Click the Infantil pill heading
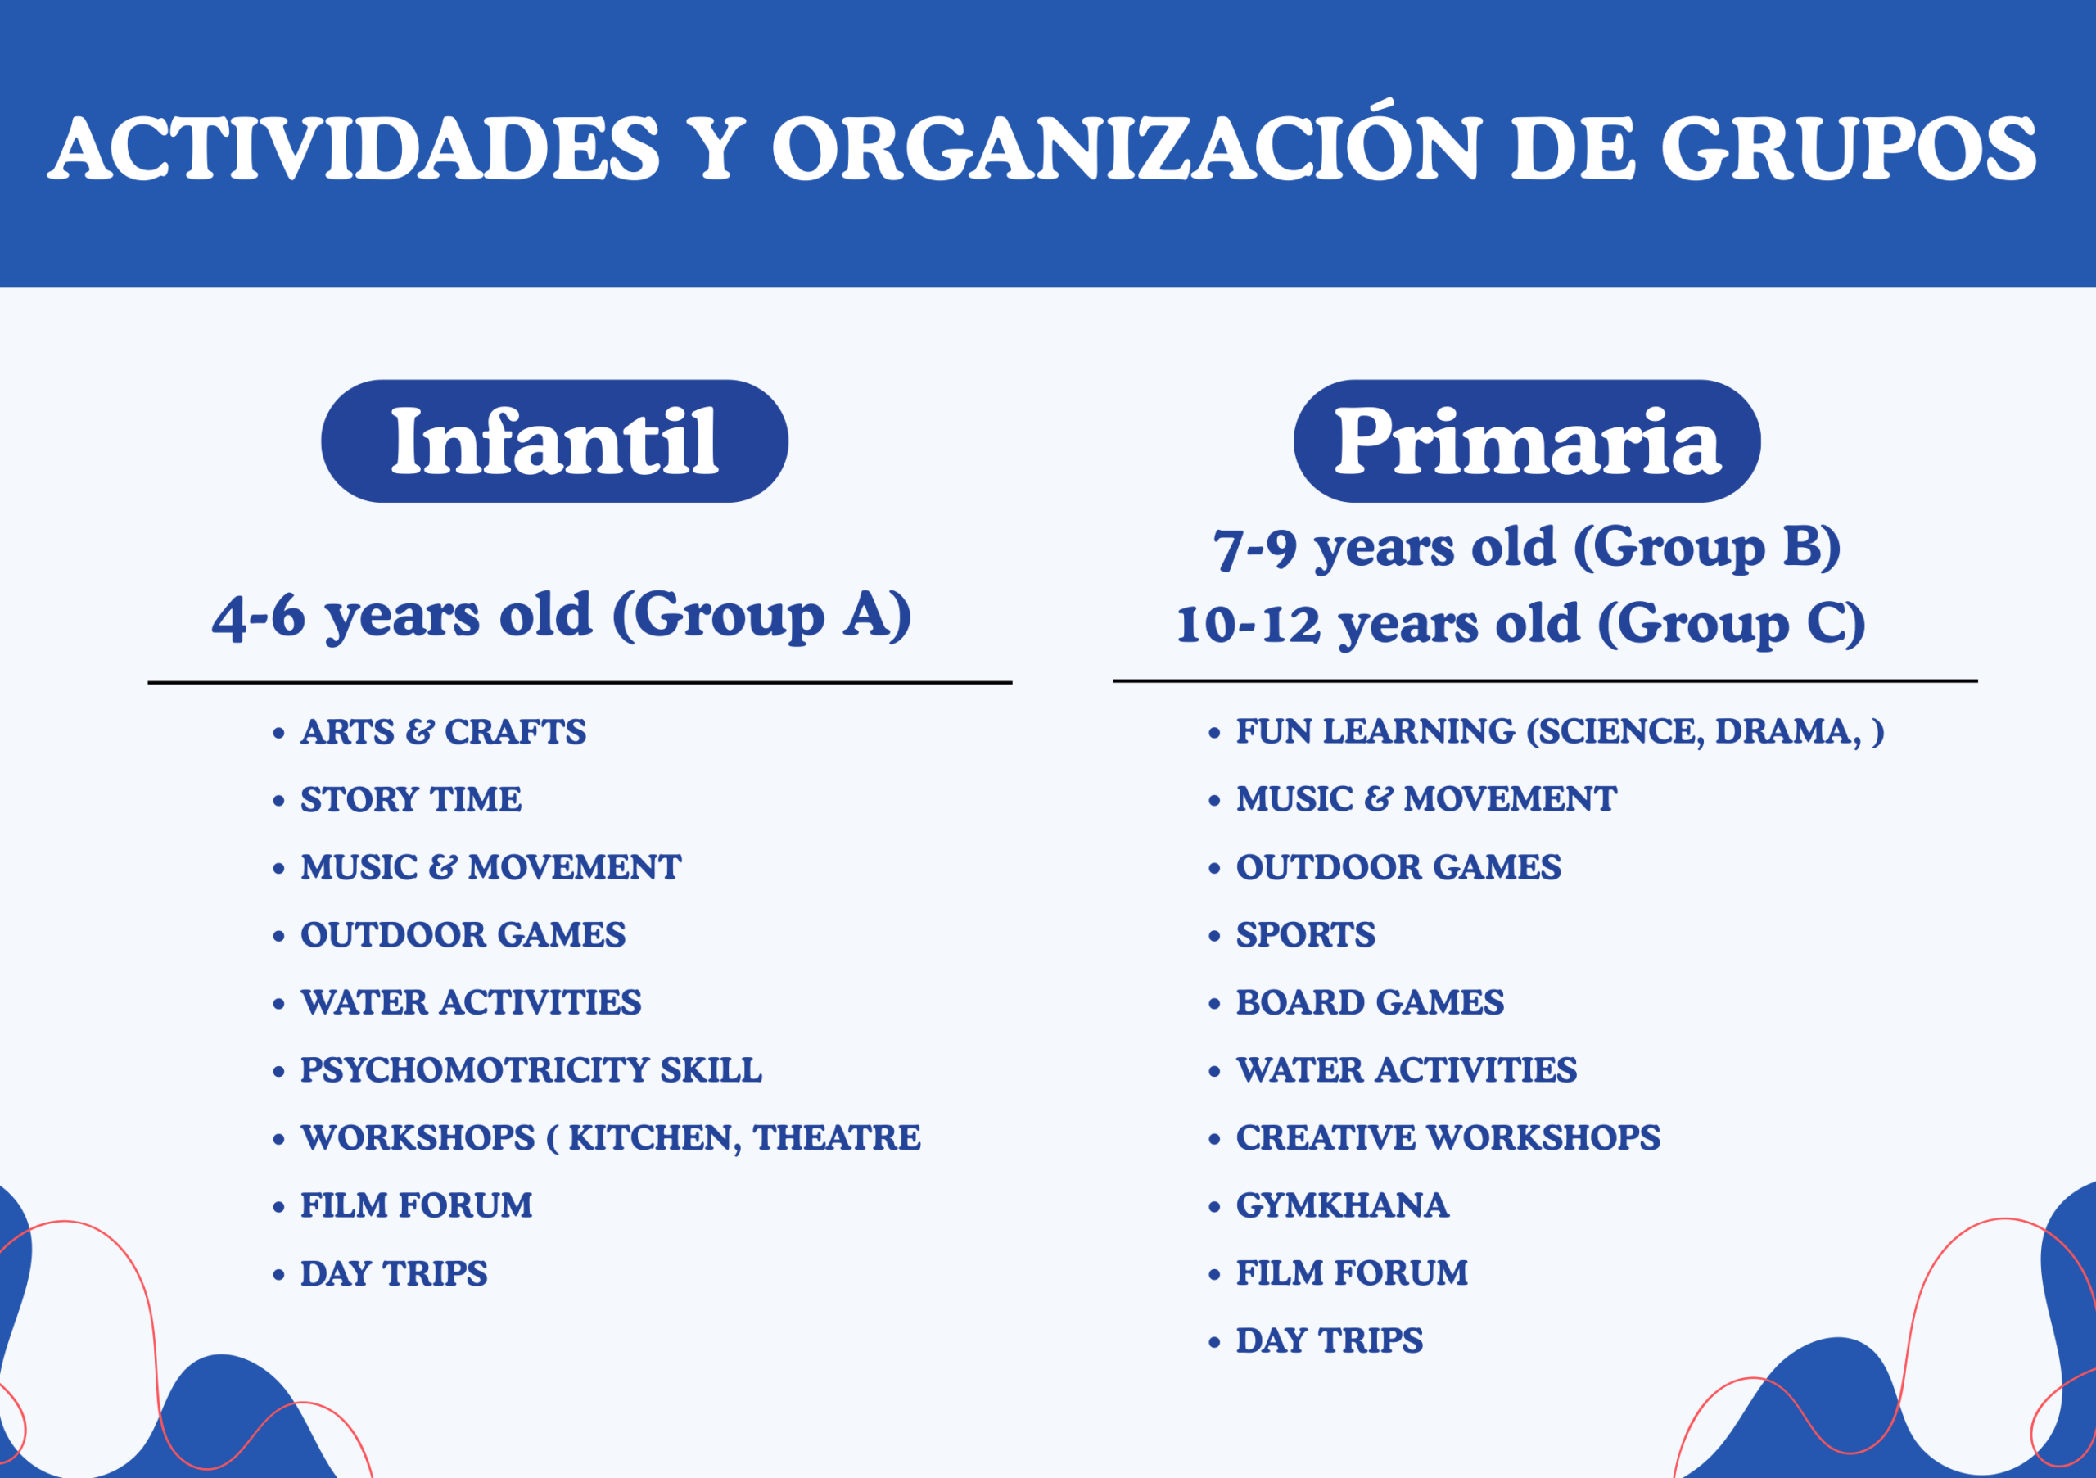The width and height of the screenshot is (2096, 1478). click(554, 441)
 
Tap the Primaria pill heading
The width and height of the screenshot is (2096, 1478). click(1527, 441)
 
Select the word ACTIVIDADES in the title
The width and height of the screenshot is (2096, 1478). click(355, 149)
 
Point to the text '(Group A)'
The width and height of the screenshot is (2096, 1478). click(761, 617)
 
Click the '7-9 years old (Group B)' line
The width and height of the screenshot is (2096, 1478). click(1526, 549)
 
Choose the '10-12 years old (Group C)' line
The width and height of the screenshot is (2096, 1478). click(1521, 626)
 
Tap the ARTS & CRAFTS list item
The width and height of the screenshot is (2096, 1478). click(444, 732)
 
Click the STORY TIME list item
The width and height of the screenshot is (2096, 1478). click(411, 800)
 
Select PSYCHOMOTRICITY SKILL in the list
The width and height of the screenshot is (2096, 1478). click(531, 1070)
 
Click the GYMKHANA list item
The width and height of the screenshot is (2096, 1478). click(1342, 1205)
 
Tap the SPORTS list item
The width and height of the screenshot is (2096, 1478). click(1305, 935)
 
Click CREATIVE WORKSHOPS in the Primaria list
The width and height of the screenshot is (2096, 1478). click(1448, 1137)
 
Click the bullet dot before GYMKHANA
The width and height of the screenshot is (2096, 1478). click(1214, 1207)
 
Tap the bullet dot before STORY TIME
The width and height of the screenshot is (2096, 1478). click(279, 802)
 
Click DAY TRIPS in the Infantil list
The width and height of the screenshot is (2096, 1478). click(395, 1273)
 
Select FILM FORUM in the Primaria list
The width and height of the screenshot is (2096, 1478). click(1352, 1272)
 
